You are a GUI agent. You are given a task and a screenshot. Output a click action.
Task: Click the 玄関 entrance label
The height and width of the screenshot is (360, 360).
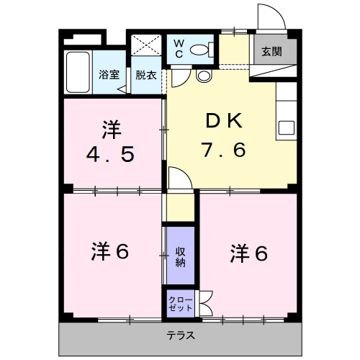pyautogui.click(x=271, y=51)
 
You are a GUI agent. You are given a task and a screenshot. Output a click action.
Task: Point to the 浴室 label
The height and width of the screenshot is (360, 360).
pyautogui.click(x=109, y=73)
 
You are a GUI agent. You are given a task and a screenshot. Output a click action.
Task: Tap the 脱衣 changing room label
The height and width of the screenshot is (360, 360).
pyautogui.click(x=145, y=73)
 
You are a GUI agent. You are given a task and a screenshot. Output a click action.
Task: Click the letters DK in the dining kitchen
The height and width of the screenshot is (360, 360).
pyautogui.click(x=224, y=120)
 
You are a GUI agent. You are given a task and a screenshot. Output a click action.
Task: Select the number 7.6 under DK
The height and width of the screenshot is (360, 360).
pyautogui.click(x=224, y=149)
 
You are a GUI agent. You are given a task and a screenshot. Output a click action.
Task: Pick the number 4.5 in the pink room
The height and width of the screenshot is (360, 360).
pyautogui.click(x=111, y=154)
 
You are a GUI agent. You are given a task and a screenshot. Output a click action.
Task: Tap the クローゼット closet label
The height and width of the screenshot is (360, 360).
pyautogui.click(x=180, y=303)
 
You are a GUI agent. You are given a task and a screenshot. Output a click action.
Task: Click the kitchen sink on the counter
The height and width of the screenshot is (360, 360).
pyautogui.click(x=286, y=128)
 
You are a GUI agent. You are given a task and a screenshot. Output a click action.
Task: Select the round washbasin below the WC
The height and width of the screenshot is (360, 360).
pyautogui.click(x=203, y=75)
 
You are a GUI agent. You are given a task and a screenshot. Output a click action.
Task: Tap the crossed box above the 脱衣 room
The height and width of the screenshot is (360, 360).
pyautogui.click(x=147, y=46)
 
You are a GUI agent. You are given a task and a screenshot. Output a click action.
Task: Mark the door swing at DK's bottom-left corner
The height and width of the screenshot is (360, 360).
pyautogui.click(x=181, y=178)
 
